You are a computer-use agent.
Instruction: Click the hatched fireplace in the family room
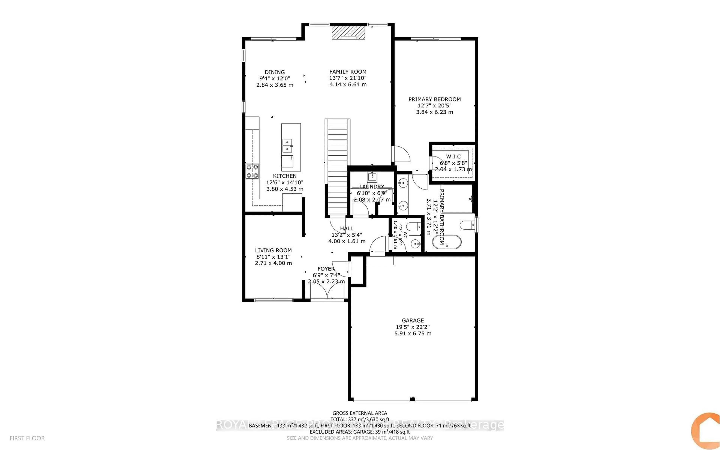(x=348, y=32)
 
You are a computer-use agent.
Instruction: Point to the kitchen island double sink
(x=287, y=145)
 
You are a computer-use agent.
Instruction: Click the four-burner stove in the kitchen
(x=252, y=171)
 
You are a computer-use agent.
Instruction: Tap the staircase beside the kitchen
(x=337, y=167)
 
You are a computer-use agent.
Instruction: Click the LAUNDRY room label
(x=372, y=187)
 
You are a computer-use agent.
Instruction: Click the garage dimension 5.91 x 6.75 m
(x=413, y=334)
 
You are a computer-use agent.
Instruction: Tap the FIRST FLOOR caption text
(x=27, y=438)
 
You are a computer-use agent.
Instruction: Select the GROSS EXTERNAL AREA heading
(x=359, y=413)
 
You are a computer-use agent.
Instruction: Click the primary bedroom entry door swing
(x=401, y=154)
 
